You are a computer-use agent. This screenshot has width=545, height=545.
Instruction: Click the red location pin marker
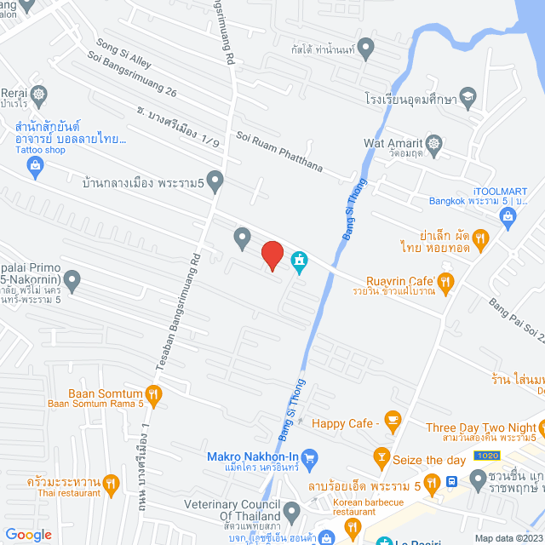tap(272, 255)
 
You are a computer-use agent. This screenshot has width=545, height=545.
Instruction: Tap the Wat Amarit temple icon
tap(433, 142)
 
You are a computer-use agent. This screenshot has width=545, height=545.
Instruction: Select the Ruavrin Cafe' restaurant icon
tap(446, 281)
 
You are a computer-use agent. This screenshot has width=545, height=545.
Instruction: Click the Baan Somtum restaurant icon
tap(153, 393)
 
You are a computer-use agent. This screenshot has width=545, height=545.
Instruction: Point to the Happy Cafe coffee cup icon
tap(392, 419)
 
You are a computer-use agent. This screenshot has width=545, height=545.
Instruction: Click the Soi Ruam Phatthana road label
tap(279, 152)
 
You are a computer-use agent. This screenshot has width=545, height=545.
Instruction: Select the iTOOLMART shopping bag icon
tap(508, 217)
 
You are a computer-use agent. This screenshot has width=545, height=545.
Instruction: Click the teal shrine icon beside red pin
tap(300, 260)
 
